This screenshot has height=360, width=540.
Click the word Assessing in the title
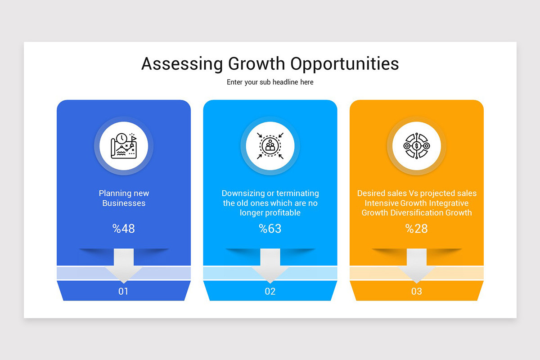(182, 64)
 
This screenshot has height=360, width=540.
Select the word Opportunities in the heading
(344, 64)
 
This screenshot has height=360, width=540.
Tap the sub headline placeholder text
(270, 82)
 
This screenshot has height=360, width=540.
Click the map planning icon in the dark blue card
(124, 146)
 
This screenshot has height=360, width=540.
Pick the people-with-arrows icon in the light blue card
(270, 146)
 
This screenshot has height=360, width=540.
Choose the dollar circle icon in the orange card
(417, 146)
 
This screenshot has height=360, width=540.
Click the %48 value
(124, 229)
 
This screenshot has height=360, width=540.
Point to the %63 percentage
(270, 229)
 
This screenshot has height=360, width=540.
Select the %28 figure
(417, 229)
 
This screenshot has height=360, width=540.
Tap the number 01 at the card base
(123, 291)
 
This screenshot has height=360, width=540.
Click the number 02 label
(270, 291)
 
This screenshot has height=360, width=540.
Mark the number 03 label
(417, 291)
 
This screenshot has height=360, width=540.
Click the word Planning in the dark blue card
(115, 193)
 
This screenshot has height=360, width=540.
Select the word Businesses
(124, 203)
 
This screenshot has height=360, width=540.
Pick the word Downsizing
(243, 193)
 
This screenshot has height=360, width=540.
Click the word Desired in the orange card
(372, 193)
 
